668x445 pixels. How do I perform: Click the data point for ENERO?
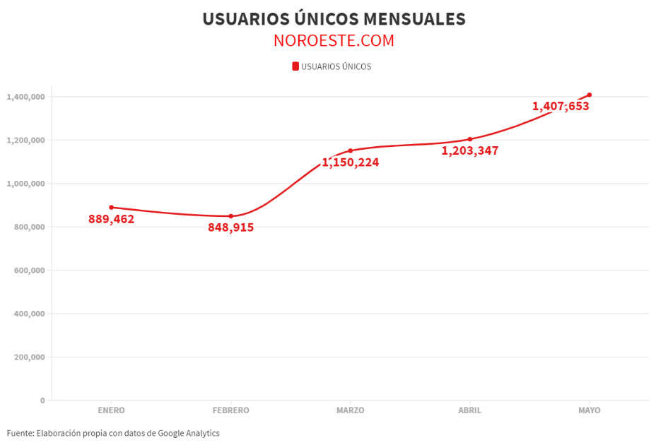pyautogui.click(x=112, y=208)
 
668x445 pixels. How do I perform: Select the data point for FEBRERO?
pyautogui.click(x=230, y=216)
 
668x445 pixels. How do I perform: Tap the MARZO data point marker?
pyautogui.click(x=350, y=150)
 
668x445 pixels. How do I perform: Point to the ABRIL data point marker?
pyautogui.click(x=469, y=139)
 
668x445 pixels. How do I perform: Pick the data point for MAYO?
pyautogui.click(x=589, y=95)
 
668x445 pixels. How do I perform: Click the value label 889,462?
pyautogui.click(x=111, y=219)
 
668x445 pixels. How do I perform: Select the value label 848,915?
pyautogui.click(x=230, y=227)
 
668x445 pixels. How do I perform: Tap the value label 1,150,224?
pyautogui.click(x=351, y=162)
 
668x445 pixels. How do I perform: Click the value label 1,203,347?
pyautogui.click(x=470, y=150)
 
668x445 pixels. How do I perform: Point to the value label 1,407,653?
pyautogui.click(x=561, y=107)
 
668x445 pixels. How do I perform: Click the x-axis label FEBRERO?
pyautogui.click(x=230, y=410)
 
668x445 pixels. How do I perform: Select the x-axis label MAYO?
pyautogui.click(x=589, y=410)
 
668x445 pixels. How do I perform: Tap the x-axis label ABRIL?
pyautogui.click(x=469, y=410)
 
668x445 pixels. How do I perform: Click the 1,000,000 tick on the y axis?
pyautogui.click(x=25, y=184)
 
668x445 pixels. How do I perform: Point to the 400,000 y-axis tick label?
pyautogui.click(x=29, y=314)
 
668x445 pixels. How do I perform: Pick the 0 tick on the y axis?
pyautogui.click(x=42, y=400)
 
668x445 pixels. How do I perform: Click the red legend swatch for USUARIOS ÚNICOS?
pyautogui.click(x=295, y=66)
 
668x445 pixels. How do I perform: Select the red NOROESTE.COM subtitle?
pyautogui.click(x=334, y=41)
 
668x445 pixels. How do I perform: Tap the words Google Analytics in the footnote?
pyautogui.click(x=188, y=433)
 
